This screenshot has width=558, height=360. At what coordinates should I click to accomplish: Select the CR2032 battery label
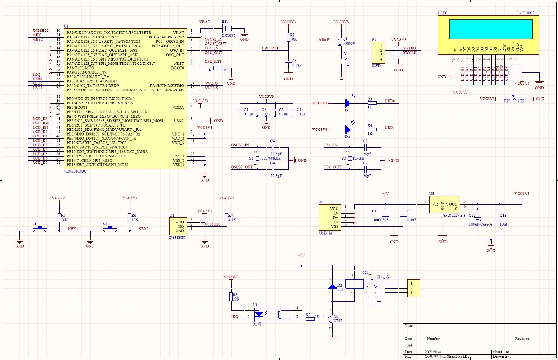coord(228,35)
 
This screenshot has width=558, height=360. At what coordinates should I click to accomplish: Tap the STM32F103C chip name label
coord(75,171)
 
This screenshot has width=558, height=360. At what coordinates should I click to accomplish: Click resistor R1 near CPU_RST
coord(288,37)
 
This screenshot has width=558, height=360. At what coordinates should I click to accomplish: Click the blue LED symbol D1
coord(348,103)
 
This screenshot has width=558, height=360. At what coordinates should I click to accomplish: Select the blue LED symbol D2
coord(348,130)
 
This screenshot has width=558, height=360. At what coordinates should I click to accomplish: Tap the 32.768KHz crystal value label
coord(271,158)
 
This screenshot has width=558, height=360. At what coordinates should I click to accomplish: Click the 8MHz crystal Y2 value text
coord(359,158)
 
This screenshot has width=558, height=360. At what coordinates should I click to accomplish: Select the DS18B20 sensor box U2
coord(178,226)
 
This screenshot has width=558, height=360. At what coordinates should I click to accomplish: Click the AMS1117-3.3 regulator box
coord(444,204)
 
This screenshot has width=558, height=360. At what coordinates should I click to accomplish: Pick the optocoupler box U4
coord(271,315)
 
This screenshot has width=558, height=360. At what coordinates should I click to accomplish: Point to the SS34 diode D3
coord(332,287)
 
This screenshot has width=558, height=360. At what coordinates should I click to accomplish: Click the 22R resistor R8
coord(231,297)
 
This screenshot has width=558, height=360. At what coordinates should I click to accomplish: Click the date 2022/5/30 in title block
coord(432,352)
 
